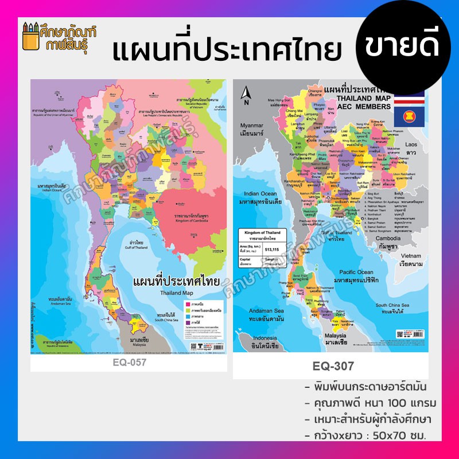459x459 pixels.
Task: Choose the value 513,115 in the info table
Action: pyautogui.click(x=273, y=250)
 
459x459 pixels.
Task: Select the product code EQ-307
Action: pyautogui.click(x=333, y=365)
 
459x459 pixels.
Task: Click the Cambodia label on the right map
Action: pyautogui.click(x=387, y=240)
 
